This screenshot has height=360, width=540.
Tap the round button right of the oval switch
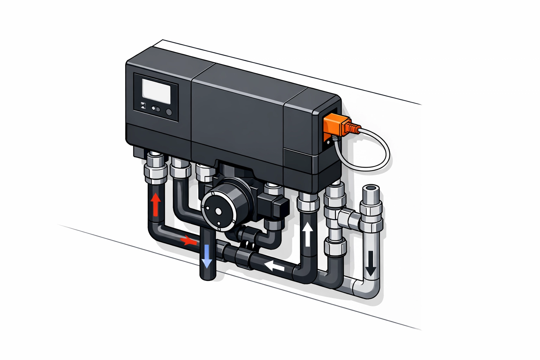(x=169, y=112)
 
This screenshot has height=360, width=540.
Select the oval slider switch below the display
(x=156, y=109)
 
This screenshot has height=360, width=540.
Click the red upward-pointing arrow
(x=155, y=205)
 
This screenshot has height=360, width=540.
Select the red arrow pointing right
(x=188, y=241)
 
